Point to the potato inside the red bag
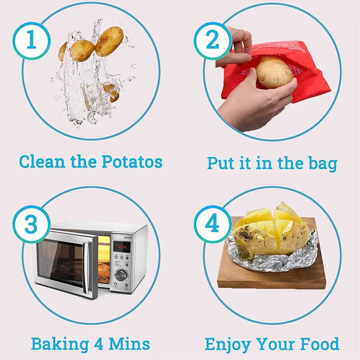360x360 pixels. tap(274, 72)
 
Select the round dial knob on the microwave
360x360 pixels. tap(121, 275)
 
